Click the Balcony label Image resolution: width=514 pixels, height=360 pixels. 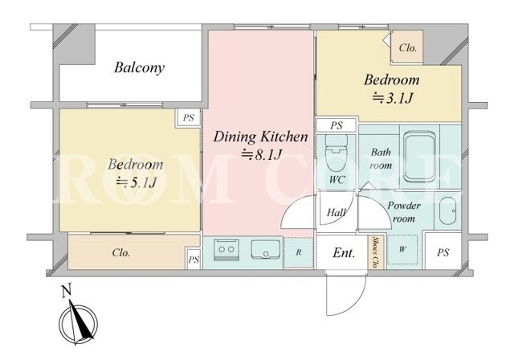139,67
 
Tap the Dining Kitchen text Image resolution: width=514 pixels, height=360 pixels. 260,137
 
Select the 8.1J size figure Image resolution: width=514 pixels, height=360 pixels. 262,155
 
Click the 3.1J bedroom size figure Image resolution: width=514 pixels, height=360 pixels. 392,98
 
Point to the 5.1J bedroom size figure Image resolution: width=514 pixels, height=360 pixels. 136,182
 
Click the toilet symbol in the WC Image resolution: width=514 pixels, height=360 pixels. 336,149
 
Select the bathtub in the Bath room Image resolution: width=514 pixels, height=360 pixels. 419,157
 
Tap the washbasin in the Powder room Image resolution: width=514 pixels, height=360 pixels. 447,211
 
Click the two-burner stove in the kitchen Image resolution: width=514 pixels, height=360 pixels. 226,250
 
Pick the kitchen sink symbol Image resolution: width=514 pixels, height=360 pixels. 266,249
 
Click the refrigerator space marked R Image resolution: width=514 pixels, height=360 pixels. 298,252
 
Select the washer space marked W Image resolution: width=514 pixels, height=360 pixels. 402,249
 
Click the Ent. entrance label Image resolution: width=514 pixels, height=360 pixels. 344,253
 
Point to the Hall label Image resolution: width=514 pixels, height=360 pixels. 337,212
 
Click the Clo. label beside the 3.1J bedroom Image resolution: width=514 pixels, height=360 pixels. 408,48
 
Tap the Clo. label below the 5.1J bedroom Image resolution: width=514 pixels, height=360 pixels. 121,253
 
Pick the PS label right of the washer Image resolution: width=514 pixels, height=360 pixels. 443,252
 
